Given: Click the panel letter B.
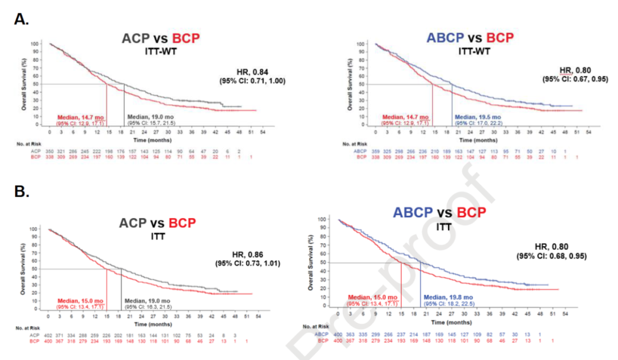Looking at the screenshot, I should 22,191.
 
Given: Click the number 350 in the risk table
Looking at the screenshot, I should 50,151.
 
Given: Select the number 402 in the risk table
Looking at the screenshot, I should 50,335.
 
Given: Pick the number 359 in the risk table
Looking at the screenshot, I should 375,151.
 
